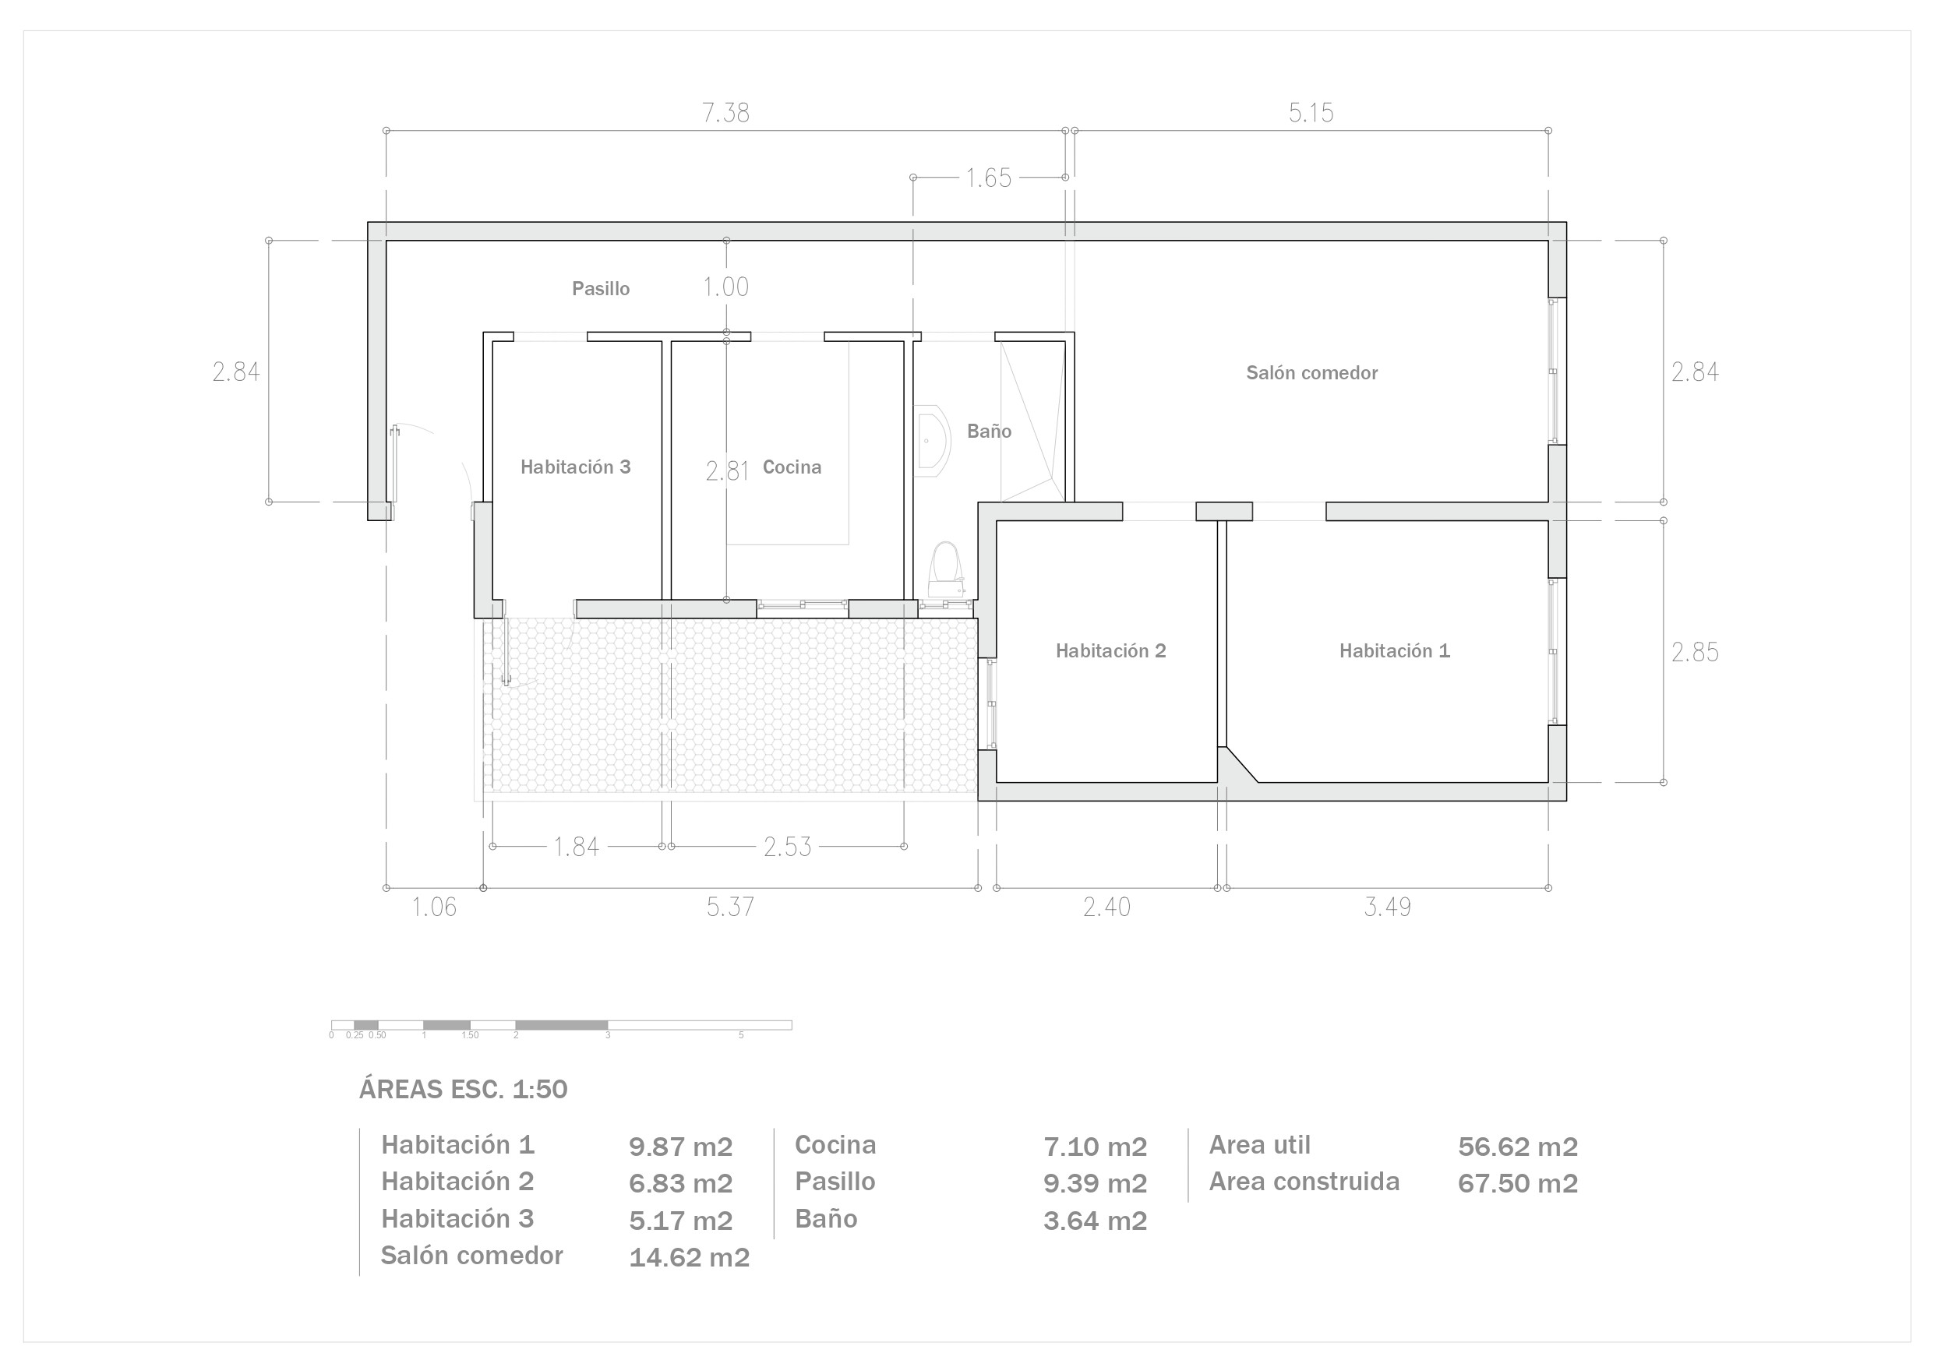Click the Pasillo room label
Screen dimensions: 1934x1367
pos(601,289)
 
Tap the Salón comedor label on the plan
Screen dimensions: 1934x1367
pos(1311,373)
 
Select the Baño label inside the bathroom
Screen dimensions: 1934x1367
pos(989,432)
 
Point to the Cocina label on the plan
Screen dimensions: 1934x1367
pos(792,467)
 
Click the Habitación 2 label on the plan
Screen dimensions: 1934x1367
pos(1111,651)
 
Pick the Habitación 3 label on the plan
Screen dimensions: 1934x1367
pos(575,467)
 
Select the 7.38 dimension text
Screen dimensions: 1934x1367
pos(725,113)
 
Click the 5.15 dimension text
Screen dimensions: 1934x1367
pos(1311,113)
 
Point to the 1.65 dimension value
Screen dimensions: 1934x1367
pos(988,178)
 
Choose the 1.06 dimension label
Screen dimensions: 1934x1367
pos(434,907)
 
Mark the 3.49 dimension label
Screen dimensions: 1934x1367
pos(1387,907)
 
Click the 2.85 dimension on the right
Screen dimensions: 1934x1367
pos(1695,653)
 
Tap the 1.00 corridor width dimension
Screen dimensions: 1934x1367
pos(726,287)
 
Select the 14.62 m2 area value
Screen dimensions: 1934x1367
pos(689,1257)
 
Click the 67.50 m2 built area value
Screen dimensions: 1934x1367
pos(1518,1183)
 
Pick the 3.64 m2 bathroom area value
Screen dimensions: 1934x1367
pos(1095,1221)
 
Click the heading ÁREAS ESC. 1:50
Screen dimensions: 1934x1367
pos(464,1089)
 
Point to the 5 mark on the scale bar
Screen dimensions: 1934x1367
pos(741,1035)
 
